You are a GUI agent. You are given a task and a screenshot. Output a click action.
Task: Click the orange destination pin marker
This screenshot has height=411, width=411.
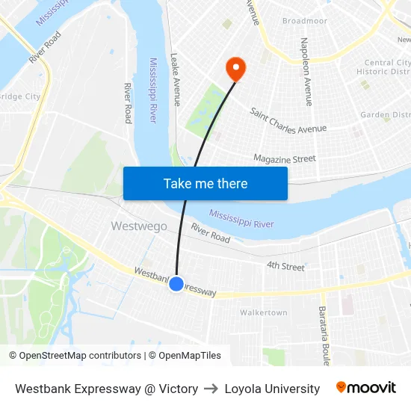click(235, 69)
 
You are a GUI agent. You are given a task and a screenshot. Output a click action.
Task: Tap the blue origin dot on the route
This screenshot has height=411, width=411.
click(176, 284)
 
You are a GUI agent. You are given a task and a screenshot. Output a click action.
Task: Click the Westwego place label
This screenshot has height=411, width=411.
click(139, 226)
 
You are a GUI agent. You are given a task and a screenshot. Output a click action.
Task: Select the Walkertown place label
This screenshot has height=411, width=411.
click(264, 312)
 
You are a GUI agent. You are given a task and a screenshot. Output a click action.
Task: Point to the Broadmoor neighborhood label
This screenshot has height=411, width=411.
click(305, 22)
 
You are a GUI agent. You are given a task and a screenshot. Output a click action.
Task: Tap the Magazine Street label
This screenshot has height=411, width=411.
click(284, 158)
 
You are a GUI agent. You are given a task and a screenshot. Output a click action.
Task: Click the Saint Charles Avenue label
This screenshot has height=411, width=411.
click(288, 120)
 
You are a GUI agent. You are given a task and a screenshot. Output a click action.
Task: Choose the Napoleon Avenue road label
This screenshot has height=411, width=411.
click(305, 71)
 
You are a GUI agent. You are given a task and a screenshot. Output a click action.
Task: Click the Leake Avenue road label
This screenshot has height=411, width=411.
click(176, 78)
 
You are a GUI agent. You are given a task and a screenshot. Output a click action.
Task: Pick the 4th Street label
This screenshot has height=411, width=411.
click(285, 266)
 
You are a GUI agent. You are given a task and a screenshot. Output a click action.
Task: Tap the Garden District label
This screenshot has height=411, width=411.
click(385, 115)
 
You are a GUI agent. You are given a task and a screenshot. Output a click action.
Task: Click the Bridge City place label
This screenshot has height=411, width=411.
click(20, 96)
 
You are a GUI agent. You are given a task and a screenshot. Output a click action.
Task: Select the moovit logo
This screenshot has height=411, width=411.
click(366, 388)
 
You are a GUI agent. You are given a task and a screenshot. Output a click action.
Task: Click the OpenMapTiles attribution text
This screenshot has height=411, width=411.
click(185, 356)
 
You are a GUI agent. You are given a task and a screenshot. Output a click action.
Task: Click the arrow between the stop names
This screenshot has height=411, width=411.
click(211, 389)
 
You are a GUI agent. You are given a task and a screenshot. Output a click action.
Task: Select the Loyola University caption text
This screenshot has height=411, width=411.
click(272, 389)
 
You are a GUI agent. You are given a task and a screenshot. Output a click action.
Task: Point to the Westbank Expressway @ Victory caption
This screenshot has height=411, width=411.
click(107, 389)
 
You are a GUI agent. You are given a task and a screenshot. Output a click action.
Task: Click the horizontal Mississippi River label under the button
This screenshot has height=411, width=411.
click(241, 218)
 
